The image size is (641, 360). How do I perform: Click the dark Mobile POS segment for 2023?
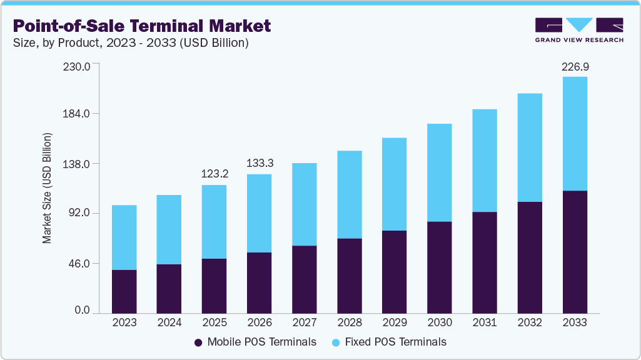pyautogui.click(x=124, y=291)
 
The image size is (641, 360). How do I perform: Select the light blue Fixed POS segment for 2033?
pyautogui.click(x=575, y=133)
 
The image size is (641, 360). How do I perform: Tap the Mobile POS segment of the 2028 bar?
pyautogui.click(x=350, y=276)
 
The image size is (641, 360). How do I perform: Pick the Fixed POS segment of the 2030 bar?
pyautogui.click(x=440, y=172)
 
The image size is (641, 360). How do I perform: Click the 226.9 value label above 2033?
pyautogui.click(x=575, y=66)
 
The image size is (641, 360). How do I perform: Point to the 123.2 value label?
pyautogui.click(x=215, y=174)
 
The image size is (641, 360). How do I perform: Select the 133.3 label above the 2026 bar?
pyautogui.click(x=260, y=163)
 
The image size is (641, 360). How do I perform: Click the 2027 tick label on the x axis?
pyautogui.click(x=305, y=322)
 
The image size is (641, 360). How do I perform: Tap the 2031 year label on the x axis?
pyautogui.click(x=485, y=322)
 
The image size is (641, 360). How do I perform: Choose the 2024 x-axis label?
pyautogui.click(x=169, y=322)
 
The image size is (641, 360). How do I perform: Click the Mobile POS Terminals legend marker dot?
pyautogui.click(x=198, y=342)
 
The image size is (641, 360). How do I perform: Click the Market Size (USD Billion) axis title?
pyautogui.click(x=47, y=188)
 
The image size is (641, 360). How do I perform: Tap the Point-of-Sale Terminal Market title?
pyautogui.click(x=142, y=26)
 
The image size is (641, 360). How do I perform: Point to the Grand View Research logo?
pyautogui.click(x=579, y=30)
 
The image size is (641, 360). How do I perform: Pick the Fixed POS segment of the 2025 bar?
pyautogui.click(x=215, y=222)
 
